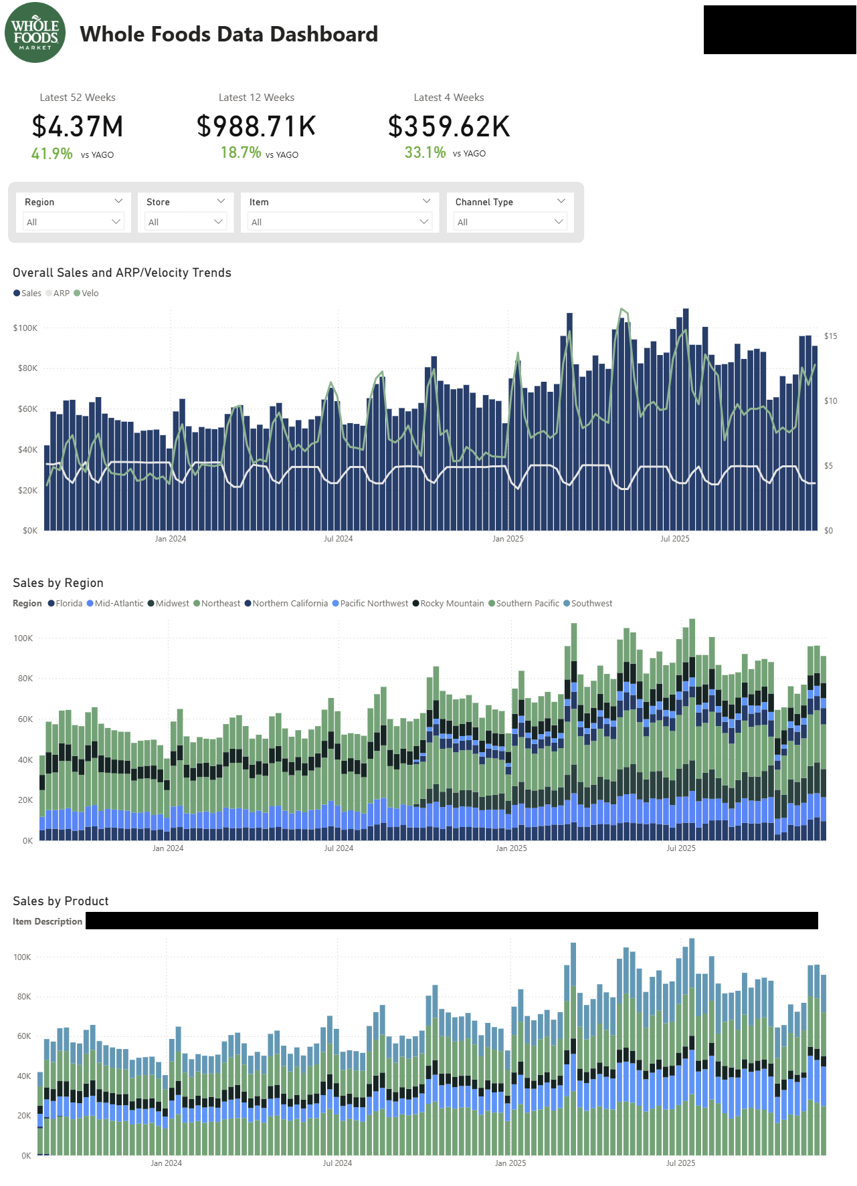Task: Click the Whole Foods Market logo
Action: click(35, 33)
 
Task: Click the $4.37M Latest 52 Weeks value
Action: click(78, 127)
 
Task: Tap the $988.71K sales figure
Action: click(256, 126)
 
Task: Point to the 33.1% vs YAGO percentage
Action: click(425, 153)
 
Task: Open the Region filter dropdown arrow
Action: click(118, 201)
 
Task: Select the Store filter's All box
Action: click(185, 222)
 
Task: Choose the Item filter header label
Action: click(259, 202)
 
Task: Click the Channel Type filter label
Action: click(484, 202)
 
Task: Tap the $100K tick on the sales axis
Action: click(25, 328)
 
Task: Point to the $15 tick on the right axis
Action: click(830, 336)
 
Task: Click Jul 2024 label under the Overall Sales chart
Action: click(338, 539)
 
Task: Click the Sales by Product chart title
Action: click(61, 901)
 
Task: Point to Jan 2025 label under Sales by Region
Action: click(511, 848)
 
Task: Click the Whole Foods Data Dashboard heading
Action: click(229, 34)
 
